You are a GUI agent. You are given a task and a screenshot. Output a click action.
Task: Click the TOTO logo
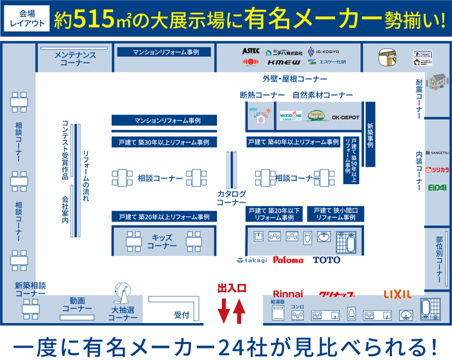326,260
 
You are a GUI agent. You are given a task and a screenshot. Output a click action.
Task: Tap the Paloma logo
288,260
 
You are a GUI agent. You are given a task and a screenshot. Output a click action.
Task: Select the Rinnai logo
287,294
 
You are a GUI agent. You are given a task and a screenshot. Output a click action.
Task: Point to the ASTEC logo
251,50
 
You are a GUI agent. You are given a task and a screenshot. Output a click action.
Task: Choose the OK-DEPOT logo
345,117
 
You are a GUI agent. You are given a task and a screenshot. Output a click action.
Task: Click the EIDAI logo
437,187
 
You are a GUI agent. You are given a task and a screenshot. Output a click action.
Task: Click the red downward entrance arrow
223,310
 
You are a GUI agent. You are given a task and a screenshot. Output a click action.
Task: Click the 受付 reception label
181,315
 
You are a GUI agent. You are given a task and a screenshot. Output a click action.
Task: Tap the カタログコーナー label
231,198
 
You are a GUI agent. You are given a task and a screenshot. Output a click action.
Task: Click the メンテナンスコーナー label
75,59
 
